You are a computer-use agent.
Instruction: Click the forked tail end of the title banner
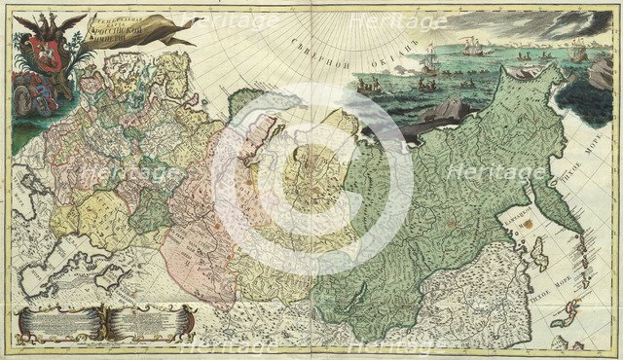coord(189,37)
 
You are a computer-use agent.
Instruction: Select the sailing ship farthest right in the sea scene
coord(580,53)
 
